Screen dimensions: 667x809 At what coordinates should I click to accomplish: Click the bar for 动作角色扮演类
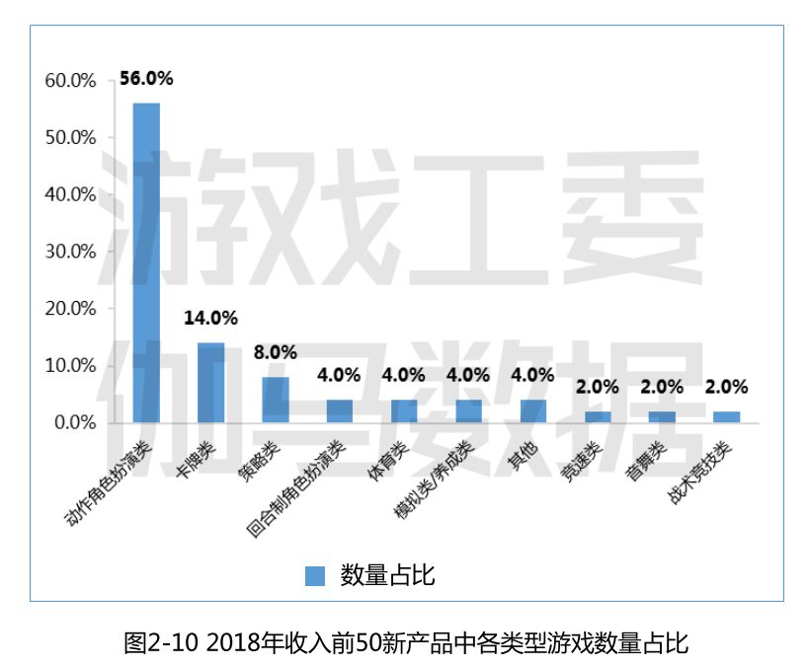pyautogui.click(x=146, y=262)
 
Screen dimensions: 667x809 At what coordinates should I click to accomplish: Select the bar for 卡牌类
pyautogui.click(x=210, y=383)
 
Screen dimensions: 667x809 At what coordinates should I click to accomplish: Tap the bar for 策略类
pyautogui.click(x=275, y=400)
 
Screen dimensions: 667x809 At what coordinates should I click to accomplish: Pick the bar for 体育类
pyautogui.click(x=404, y=411)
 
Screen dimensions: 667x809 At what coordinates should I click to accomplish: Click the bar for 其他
pyautogui.click(x=533, y=411)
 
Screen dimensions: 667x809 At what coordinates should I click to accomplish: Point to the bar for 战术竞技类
pyautogui.click(x=726, y=417)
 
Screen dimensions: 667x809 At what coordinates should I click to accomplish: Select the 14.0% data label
pyautogui.click(x=210, y=318)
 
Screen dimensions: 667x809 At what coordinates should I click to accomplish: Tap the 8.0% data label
pyautogui.click(x=275, y=352)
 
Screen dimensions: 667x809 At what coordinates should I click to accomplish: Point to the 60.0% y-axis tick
pyautogui.click(x=70, y=81)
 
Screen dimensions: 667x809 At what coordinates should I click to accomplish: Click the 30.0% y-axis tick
pyautogui.click(x=70, y=252)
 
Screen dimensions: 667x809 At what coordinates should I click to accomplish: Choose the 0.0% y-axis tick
pyautogui.click(x=75, y=422)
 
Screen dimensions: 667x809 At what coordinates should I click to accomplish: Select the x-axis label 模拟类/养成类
pyautogui.click(x=433, y=480)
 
